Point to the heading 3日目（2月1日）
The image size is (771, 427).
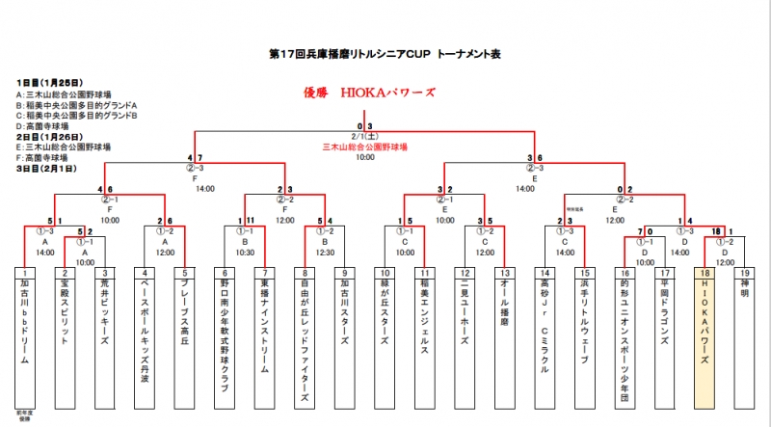[x=46, y=168]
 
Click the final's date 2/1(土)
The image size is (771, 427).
[x=364, y=137]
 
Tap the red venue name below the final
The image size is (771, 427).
[x=364, y=147]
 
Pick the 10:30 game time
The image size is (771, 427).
[x=245, y=252]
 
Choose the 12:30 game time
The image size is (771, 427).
[x=324, y=252]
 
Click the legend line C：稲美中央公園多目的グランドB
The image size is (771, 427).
[x=77, y=116]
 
